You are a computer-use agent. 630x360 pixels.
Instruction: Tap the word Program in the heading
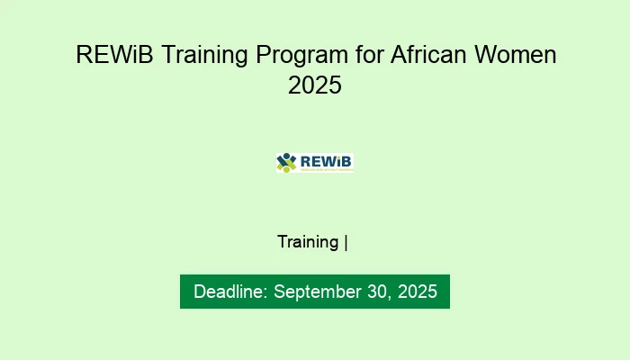[298, 55]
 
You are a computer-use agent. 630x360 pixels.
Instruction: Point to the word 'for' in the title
[368, 55]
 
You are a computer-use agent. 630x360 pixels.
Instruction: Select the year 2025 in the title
[315, 86]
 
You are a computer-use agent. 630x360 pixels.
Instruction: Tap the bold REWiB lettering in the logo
[325, 160]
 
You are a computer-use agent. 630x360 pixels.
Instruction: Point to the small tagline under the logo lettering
[325, 168]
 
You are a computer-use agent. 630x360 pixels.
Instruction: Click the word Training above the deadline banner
[308, 242]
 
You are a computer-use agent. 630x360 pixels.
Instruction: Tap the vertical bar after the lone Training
[346, 242]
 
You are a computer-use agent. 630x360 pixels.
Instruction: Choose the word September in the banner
[315, 292]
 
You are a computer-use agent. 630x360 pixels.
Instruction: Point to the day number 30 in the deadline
[375, 292]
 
